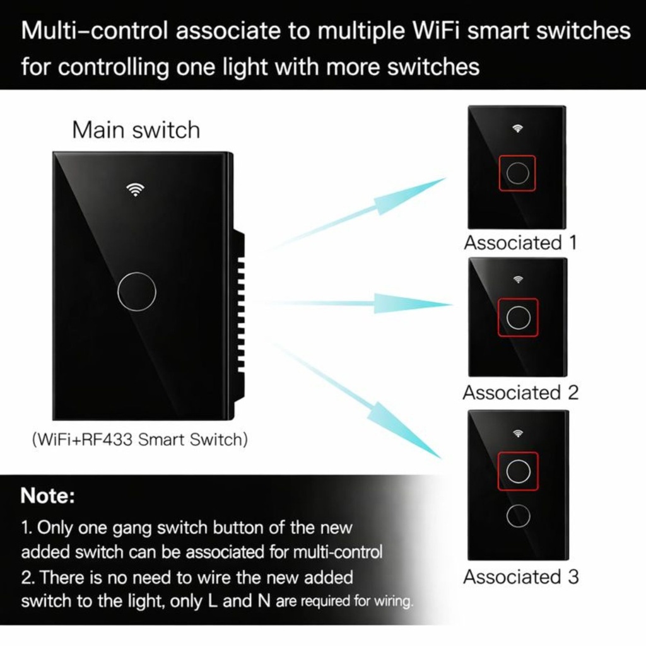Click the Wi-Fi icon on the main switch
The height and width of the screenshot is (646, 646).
[134, 189]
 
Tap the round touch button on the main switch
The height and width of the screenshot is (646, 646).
[136, 290]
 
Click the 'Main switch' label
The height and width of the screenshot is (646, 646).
[136, 130]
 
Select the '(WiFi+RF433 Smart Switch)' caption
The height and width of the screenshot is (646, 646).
[140, 440]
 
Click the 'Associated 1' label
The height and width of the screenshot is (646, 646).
[520, 242]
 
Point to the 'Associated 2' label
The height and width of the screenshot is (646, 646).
[520, 392]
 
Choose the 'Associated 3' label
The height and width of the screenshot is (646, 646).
[520, 577]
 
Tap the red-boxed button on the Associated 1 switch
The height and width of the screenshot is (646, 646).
[517, 173]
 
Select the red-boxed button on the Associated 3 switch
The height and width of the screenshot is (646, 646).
[518, 471]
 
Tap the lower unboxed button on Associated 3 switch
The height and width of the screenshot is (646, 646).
[517, 515]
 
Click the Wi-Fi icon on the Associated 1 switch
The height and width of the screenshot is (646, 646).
[517, 129]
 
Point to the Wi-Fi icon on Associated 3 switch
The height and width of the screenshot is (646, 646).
[518, 433]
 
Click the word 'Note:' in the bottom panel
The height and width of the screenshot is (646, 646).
[47, 496]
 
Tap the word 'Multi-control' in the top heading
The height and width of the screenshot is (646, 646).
[95, 31]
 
